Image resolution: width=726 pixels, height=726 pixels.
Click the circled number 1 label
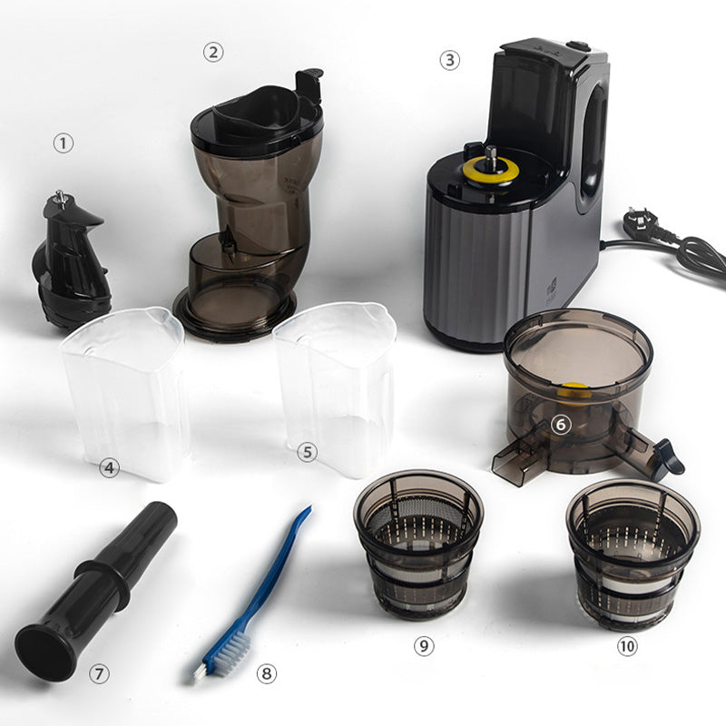tap(64, 143)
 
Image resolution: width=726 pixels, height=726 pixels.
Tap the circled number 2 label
tap(213, 53)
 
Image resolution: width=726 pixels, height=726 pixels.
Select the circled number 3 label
tap(449, 60)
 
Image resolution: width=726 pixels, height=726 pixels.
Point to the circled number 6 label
tap(561, 424)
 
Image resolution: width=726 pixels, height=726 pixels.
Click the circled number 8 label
tap(267, 672)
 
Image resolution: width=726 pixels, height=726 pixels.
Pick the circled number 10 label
tap(627, 646)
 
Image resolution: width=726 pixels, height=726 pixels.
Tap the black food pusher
tap(95, 593)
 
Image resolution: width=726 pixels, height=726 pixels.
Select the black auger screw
tap(71, 260)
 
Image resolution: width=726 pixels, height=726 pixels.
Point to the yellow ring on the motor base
tap(491, 172)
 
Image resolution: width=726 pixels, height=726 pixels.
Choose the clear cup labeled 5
tap(336, 388)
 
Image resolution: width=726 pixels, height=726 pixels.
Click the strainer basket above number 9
tap(418, 544)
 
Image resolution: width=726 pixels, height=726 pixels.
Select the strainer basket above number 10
tap(633, 554)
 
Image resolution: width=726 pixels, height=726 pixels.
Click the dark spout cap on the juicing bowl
tap(668, 457)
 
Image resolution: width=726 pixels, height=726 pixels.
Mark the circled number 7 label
tap(99, 673)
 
